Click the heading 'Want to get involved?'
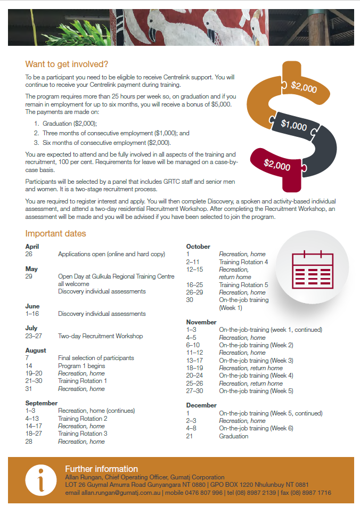pos(67,64)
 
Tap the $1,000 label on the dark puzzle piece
pos(294,126)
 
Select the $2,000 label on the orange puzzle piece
pos(304,87)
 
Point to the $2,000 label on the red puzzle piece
pos(277,165)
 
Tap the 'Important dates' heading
pos(55,233)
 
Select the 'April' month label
pos(32,247)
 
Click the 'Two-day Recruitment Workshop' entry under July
pos(100,336)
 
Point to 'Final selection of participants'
pos(96,358)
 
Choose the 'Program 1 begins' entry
pos(81,366)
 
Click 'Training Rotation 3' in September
pos(83,434)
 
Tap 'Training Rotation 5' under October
pos(243,285)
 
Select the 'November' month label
pos(201,322)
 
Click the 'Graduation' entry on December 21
pos(233,436)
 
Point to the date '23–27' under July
pos(35,336)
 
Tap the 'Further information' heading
pos(101,469)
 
